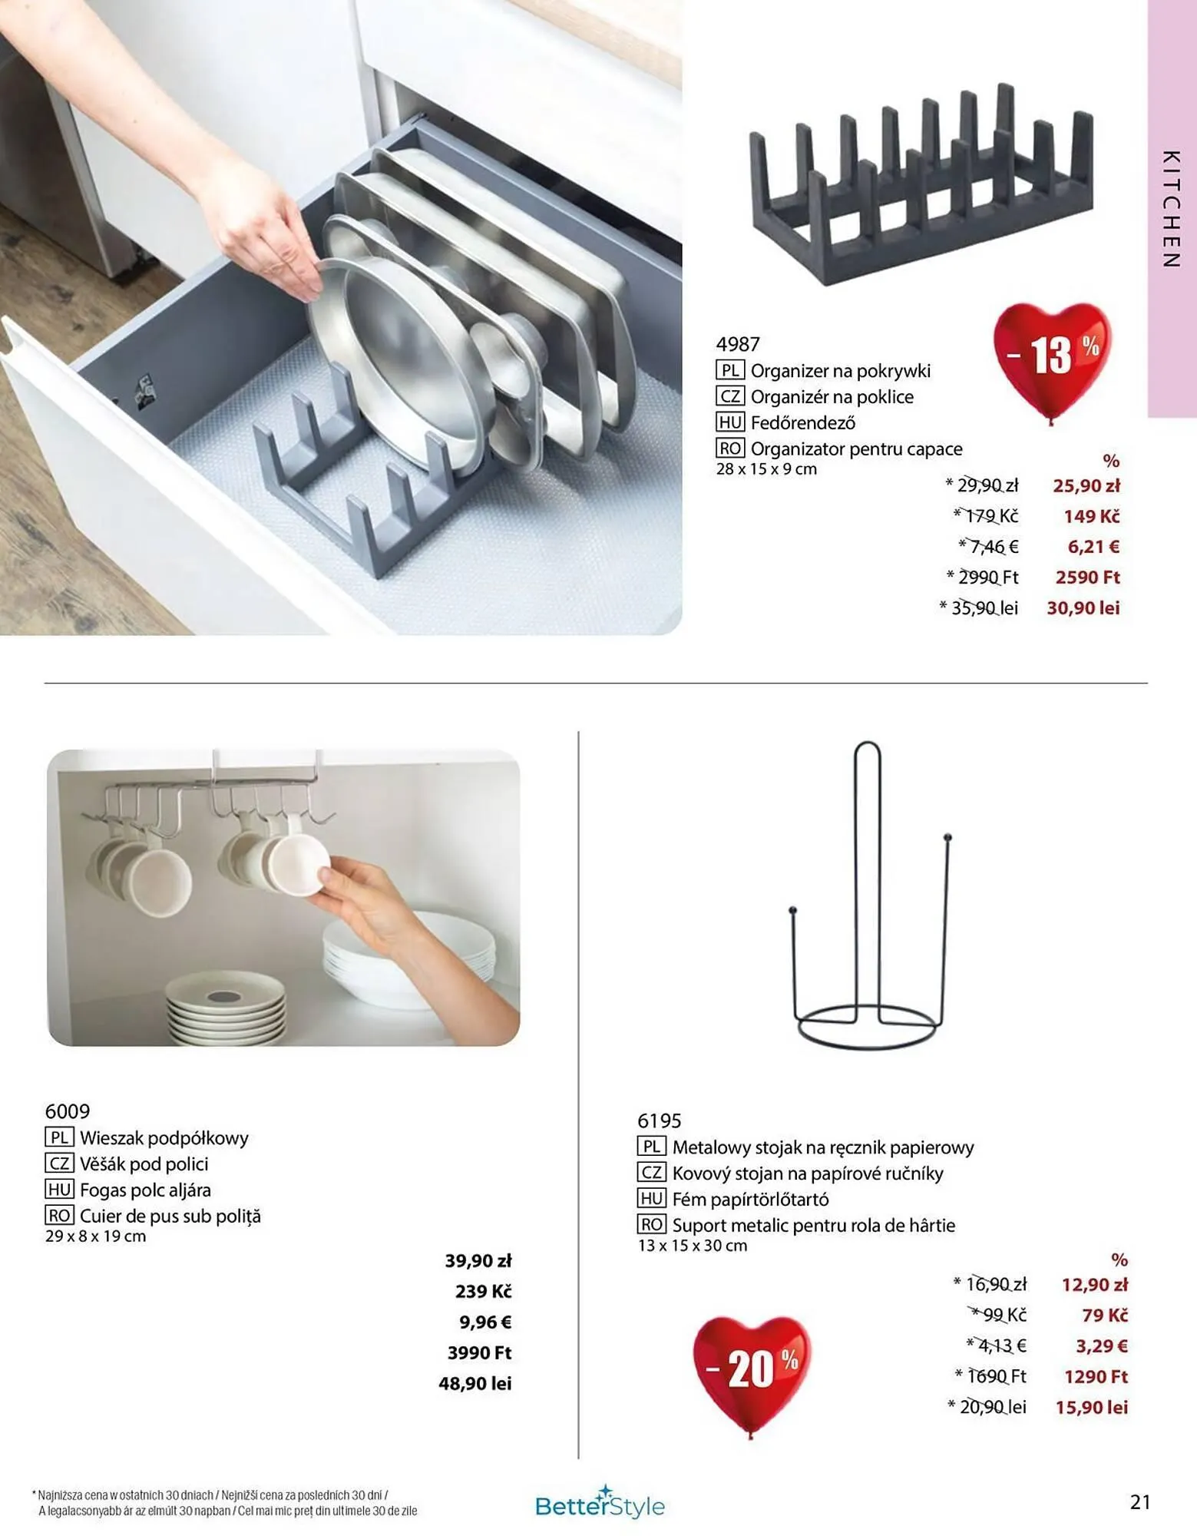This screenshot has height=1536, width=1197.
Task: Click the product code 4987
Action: coord(738,344)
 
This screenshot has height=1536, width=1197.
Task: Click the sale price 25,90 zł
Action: coord(1086,485)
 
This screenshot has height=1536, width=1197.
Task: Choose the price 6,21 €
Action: coord(1093,547)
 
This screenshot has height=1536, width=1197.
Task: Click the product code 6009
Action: coord(68,1111)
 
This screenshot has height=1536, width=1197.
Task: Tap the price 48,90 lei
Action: coord(475,1383)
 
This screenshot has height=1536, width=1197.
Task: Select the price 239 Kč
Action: coord(483,1291)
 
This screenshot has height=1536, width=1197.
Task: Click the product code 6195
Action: coord(660,1121)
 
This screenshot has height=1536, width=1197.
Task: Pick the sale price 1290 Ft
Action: coord(1096,1376)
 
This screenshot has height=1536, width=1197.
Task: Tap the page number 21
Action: coord(1140,1501)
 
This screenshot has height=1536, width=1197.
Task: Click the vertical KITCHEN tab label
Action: coord(1171,209)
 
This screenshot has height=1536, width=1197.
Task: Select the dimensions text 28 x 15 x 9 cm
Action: coord(766,469)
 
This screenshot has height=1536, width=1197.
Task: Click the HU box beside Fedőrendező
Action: coord(729,422)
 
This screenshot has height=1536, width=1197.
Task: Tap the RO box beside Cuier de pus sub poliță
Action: coord(59,1216)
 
